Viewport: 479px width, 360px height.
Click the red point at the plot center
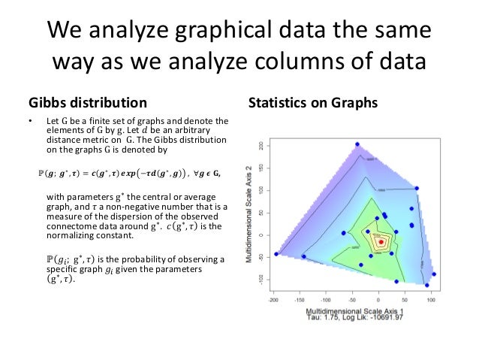(x=381, y=242)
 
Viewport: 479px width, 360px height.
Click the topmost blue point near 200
(x=357, y=144)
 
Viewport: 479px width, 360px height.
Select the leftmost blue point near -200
(x=276, y=254)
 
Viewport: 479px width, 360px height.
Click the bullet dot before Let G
(x=31, y=121)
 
